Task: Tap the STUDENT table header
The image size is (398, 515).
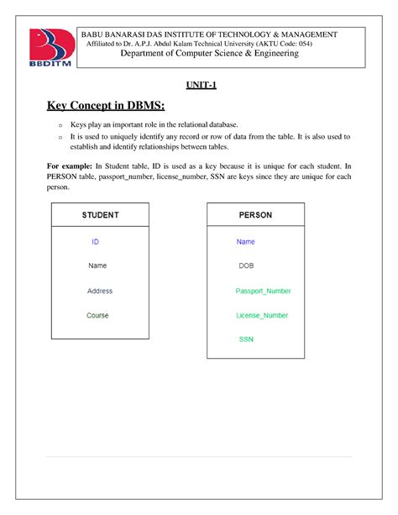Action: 100,215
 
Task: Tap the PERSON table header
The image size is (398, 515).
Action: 255,215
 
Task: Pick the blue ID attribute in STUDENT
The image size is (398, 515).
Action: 96,242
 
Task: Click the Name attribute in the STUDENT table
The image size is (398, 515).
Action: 97,266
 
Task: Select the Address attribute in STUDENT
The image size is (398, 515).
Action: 99,292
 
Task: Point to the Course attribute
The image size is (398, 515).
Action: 97,316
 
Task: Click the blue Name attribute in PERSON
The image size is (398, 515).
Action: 246,242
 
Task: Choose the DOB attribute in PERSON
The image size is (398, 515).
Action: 246,266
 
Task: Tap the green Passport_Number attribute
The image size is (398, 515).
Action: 263,292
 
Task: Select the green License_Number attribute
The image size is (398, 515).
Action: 262,316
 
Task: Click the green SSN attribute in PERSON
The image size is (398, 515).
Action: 246,340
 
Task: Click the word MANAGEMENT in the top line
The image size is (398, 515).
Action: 311,34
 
